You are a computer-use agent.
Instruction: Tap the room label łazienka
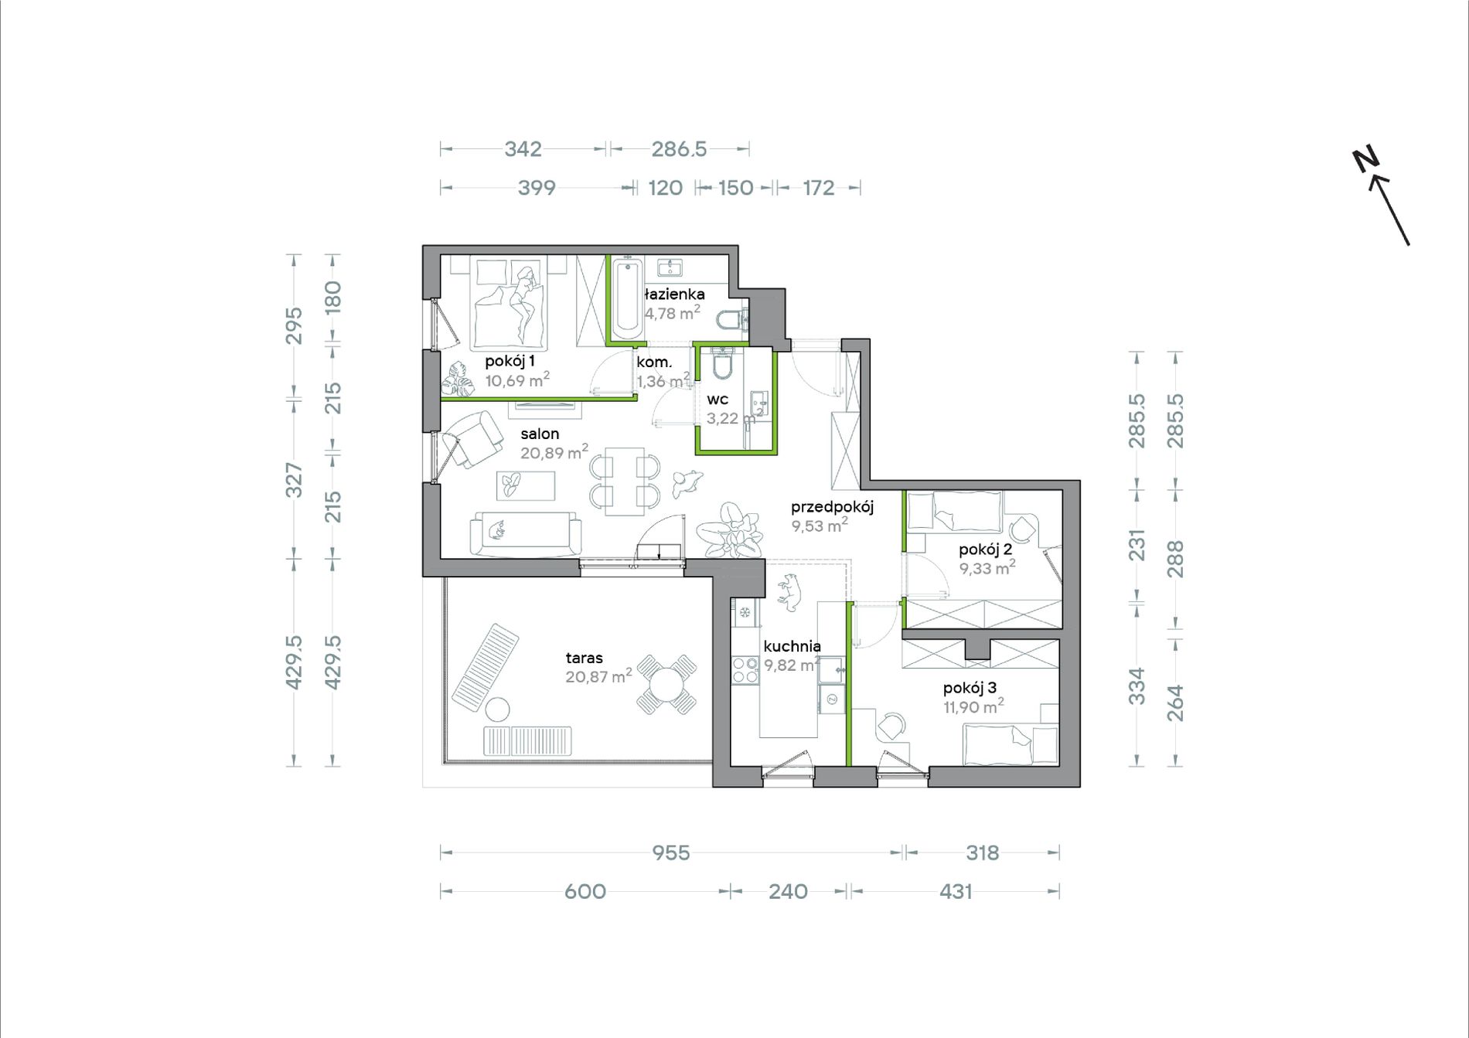pos(674,294)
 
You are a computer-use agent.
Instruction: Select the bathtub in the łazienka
pos(628,301)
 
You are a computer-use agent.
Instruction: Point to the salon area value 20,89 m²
pos(554,452)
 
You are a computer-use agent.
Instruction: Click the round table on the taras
pos(666,683)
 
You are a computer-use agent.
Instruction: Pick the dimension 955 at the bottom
pos(670,853)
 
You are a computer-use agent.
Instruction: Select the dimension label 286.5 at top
pos(679,148)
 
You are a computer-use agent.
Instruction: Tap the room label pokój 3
pos(970,688)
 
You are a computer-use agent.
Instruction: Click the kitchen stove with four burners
pos(746,669)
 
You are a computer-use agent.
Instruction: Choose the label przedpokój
pos(832,508)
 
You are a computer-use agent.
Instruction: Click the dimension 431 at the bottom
pos(956,891)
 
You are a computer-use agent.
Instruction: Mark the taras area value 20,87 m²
pos(598,676)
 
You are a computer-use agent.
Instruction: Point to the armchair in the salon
pos(472,438)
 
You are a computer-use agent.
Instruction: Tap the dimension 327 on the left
pos(294,479)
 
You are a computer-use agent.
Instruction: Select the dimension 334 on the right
pos(1136,686)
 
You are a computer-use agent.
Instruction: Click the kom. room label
pos(654,362)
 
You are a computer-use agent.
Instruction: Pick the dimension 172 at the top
pos(819,188)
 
